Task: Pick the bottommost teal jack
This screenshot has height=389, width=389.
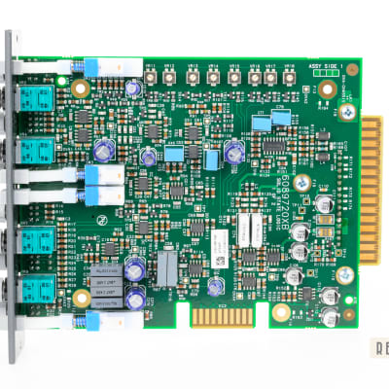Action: click(38, 291)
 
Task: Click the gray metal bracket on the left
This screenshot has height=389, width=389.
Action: click(12, 194)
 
